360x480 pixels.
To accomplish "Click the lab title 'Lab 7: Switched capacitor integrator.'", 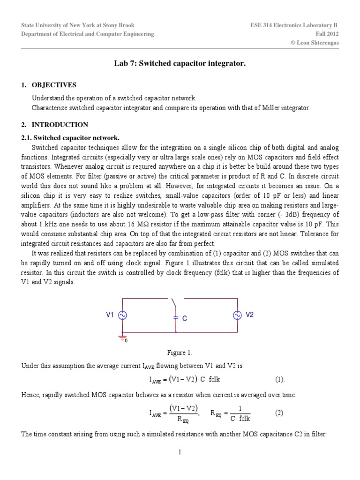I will [x=180, y=62].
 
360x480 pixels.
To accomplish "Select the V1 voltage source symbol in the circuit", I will [x=123, y=316].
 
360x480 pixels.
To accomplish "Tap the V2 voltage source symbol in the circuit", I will [x=237, y=316].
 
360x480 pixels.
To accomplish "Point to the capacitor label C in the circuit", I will [x=185, y=318].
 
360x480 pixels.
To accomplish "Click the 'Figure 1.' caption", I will [x=180, y=352].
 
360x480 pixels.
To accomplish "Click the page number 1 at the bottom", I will [x=180, y=452].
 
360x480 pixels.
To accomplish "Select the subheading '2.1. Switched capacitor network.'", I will [x=70, y=138].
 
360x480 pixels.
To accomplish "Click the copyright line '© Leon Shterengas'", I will [x=315, y=43].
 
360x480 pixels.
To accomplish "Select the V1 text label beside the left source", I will [x=110, y=315].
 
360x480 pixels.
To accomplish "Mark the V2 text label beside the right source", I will [x=250, y=315].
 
